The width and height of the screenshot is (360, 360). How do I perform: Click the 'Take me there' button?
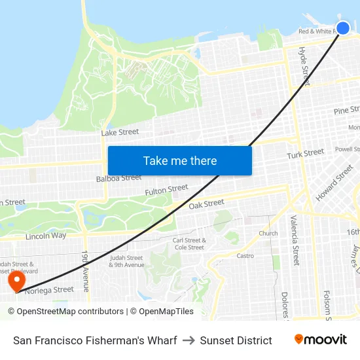pos(180,161)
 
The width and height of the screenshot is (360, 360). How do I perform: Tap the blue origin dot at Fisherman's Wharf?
pos(343,27)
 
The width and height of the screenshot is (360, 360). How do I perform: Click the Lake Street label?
pos(120,132)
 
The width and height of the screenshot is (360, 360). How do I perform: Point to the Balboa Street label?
pos(118,178)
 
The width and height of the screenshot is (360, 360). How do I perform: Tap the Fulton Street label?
pos(166,190)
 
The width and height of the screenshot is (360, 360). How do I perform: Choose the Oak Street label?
pos(206,204)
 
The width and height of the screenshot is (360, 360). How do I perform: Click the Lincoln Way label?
pos(46,236)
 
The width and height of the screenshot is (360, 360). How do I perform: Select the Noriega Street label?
pos(49,290)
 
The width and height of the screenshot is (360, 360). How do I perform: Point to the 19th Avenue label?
pos(85,271)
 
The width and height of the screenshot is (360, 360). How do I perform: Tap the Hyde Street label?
pos(304,65)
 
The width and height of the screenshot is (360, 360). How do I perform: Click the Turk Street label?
pos(305,154)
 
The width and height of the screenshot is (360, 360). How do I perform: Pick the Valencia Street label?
pos(294,240)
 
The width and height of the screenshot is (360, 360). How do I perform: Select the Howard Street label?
pos(334,183)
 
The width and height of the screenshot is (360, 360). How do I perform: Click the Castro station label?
pos(245,256)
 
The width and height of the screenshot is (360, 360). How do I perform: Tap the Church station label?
pos(268,233)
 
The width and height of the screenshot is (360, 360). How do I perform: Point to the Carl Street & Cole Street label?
pos(189,243)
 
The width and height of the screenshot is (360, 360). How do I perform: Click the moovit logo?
pos(321,340)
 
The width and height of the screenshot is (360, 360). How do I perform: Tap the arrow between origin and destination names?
pos(189,340)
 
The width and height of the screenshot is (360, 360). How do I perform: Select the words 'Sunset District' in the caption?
pos(236,340)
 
